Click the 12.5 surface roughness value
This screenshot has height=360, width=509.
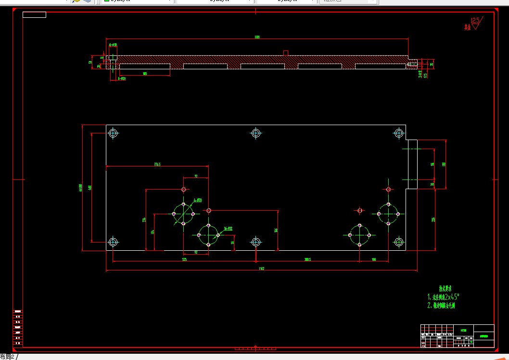(x=476, y=21)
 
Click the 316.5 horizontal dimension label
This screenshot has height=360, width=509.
(x=157, y=165)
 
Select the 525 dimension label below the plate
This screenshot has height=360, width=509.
(x=184, y=259)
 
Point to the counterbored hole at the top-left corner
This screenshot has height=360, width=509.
(x=113, y=133)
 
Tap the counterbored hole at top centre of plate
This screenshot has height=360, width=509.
(x=256, y=133)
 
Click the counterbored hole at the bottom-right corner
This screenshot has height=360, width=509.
(x=399, y=242)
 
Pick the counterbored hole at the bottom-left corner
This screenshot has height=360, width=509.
(x=113, y=242)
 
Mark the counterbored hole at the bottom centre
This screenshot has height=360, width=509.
(x=256, y=242)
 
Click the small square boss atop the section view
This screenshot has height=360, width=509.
(x=285, y=53)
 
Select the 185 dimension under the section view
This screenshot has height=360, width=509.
(x=144, y=74)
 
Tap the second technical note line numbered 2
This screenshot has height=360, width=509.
(x=441, y=305)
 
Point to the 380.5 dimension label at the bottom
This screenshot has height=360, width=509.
(x=307, y=259)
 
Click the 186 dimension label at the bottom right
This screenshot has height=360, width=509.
(x=374, y=259)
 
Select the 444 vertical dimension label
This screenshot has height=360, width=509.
(x=89, y=187)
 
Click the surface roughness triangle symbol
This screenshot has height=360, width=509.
(x=476, y=27)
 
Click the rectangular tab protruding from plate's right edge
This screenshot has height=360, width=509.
(x=412, y=164)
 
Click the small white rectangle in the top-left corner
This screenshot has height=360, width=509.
(x=34, y=14)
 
